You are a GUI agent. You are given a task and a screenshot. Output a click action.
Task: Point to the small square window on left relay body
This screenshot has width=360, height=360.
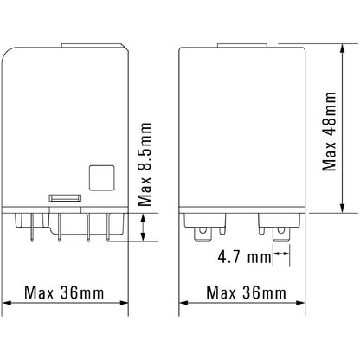pos(100,177)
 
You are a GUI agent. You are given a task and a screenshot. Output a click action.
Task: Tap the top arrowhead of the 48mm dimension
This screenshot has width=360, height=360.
pos(344,44)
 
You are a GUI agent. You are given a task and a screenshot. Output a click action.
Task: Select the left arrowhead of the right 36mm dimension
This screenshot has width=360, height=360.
pos(183,303)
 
